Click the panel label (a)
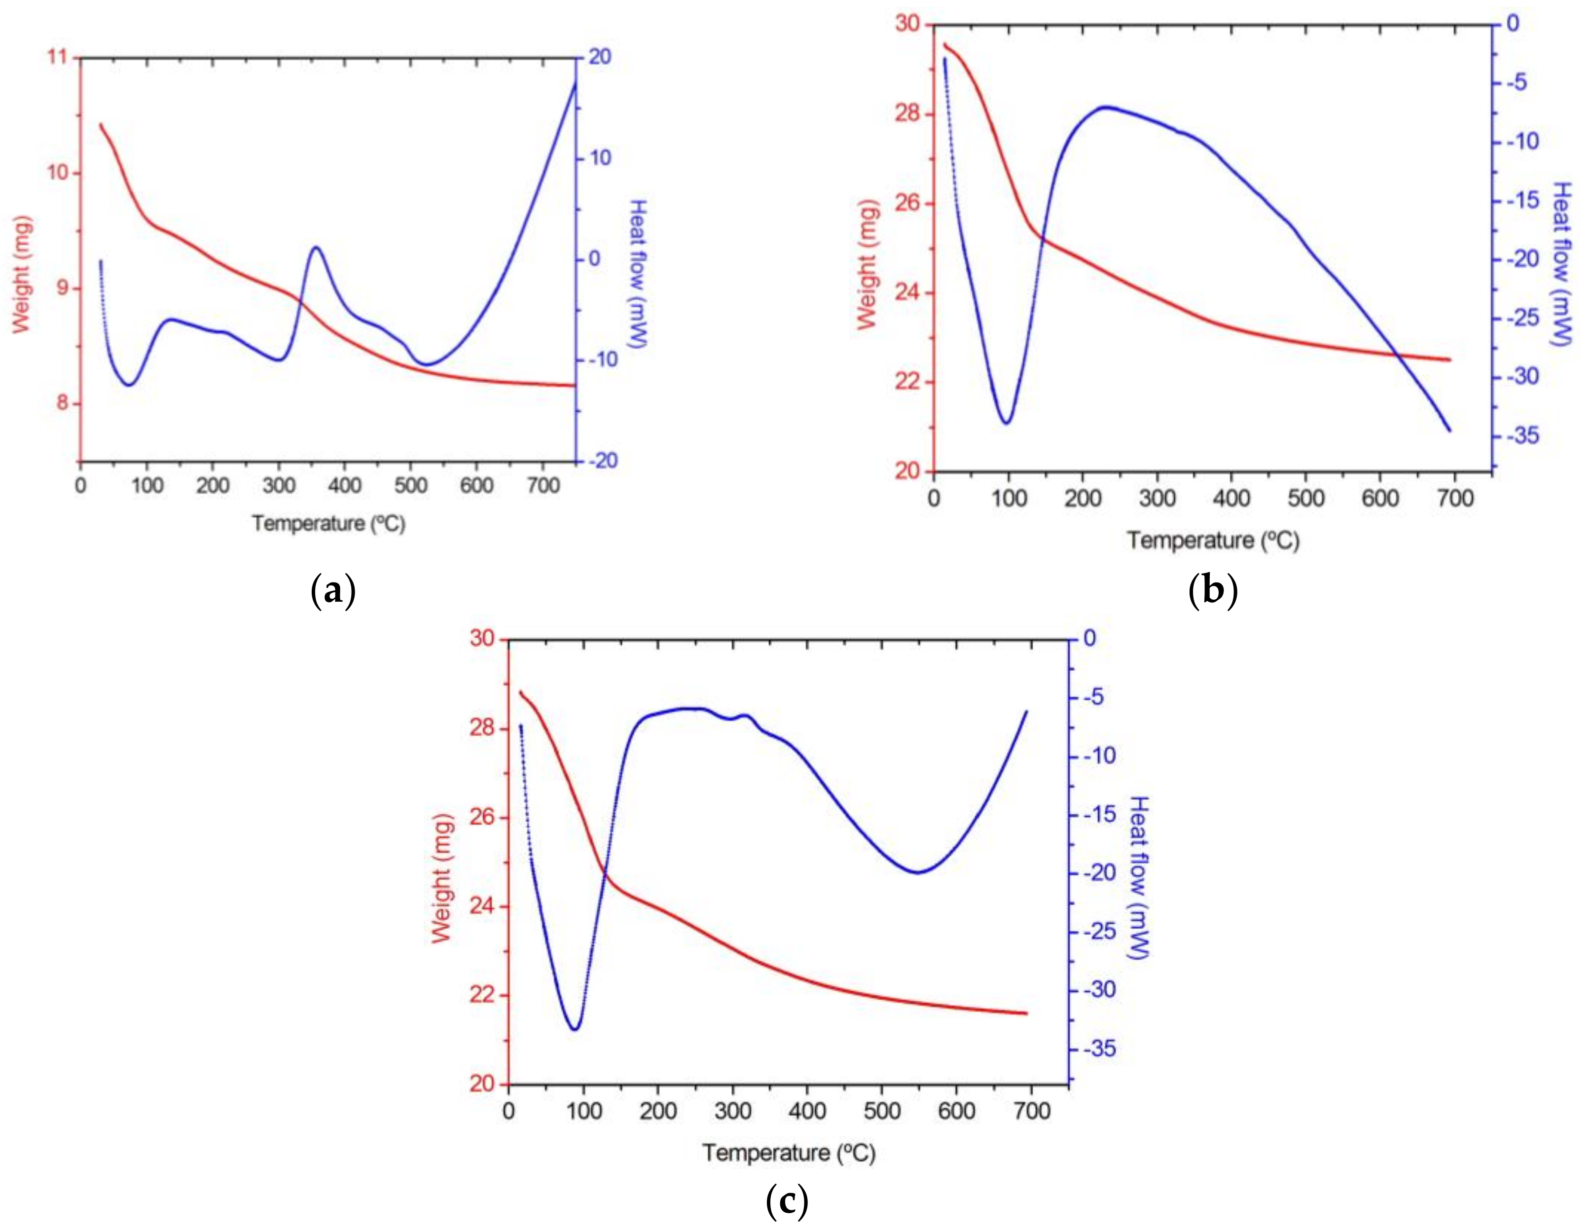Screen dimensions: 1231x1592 (332, 591)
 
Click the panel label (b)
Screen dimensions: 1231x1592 (1212, 590)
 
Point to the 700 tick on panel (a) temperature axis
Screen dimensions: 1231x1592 (543, 485)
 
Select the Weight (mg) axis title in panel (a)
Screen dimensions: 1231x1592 (22, 274)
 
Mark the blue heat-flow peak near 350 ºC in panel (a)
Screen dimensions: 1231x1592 (316, 247)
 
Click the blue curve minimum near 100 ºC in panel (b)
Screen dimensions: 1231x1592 (1007, 423)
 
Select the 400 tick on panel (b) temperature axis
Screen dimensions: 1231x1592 (1231, 499)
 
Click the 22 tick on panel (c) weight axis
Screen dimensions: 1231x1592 (482, 996)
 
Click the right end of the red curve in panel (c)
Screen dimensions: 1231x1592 (1026, 1013)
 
